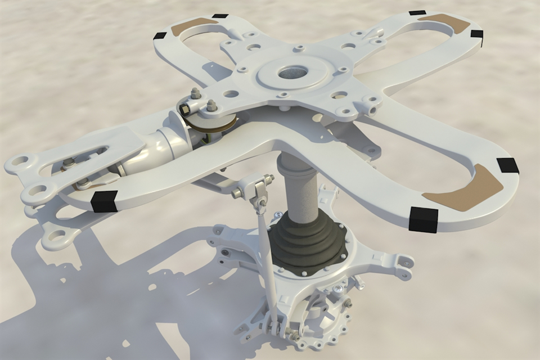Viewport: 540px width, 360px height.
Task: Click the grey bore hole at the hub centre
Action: click(292, 72)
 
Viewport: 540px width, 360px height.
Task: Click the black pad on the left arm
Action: click(104, 201)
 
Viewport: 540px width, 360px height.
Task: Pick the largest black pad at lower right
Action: click(423, 219)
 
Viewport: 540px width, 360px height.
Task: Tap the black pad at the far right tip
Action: click(507, 165)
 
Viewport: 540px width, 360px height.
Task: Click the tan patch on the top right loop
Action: click(444, 22)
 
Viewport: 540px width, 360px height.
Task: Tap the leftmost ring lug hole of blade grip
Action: click(19, 163)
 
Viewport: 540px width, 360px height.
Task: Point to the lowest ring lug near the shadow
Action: click(57, 238)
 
